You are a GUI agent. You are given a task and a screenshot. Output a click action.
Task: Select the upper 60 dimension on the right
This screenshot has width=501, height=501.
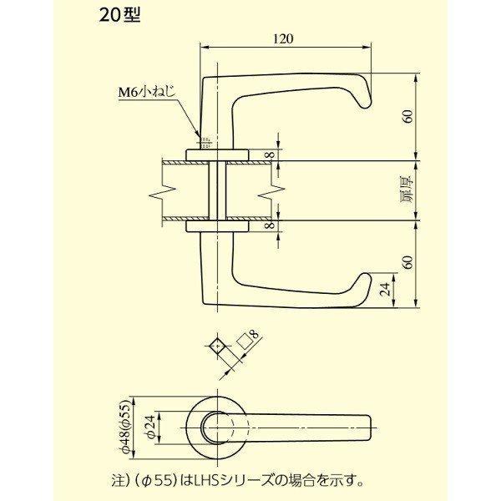point(407,116)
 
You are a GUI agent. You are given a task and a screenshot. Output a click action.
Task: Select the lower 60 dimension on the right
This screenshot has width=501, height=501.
point(407,262)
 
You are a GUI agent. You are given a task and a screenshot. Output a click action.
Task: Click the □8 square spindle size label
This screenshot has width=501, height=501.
point(247,341)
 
